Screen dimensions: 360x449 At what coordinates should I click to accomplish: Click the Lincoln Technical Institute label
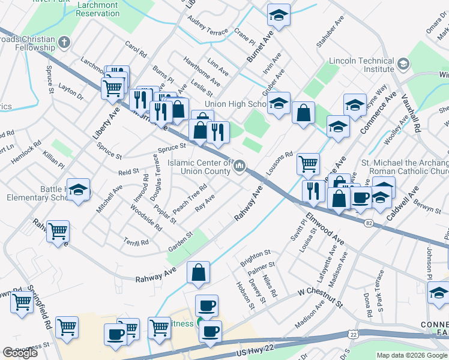pos(361,65)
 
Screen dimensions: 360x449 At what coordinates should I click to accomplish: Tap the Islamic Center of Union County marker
pos(240,166)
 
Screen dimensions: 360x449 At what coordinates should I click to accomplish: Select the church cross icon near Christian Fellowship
pos(65,42)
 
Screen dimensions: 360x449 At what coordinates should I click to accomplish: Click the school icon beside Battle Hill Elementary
pos(78,190)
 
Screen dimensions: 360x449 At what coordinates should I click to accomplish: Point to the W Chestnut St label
pos(320,297)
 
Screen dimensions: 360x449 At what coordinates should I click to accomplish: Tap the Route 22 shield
pos(353,334)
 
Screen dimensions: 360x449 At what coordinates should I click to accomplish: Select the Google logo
pos(20,352)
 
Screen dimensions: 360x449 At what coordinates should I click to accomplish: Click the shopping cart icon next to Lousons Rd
pos(308,163)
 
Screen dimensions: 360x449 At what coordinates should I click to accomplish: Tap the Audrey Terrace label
pos(208,25)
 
